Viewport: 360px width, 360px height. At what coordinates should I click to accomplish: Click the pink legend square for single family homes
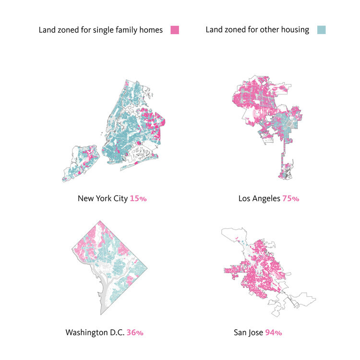tap(175, 30)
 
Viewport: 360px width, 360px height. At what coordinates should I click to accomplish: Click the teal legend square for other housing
tap(321, 30)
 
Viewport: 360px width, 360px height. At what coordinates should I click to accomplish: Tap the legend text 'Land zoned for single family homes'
tap(101, 30)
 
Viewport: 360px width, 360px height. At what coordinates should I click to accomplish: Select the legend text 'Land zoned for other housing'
tap(257, 30)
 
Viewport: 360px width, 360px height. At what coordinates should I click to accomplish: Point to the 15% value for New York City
tap(138, 198)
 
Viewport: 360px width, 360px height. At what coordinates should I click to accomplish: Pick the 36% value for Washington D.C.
tap(135, 332)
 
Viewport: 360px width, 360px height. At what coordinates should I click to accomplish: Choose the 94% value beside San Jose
tap(273, 332)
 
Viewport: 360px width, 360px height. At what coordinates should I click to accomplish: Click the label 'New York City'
tap(103, 198)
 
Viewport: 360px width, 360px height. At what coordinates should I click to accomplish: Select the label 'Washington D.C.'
tap(95, 332)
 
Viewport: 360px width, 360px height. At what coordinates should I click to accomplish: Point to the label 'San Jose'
tap(248, 332)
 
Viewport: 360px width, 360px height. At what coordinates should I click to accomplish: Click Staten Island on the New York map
tap(82, 163)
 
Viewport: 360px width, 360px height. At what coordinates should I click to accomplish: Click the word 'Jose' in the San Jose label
tap(254, 332)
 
